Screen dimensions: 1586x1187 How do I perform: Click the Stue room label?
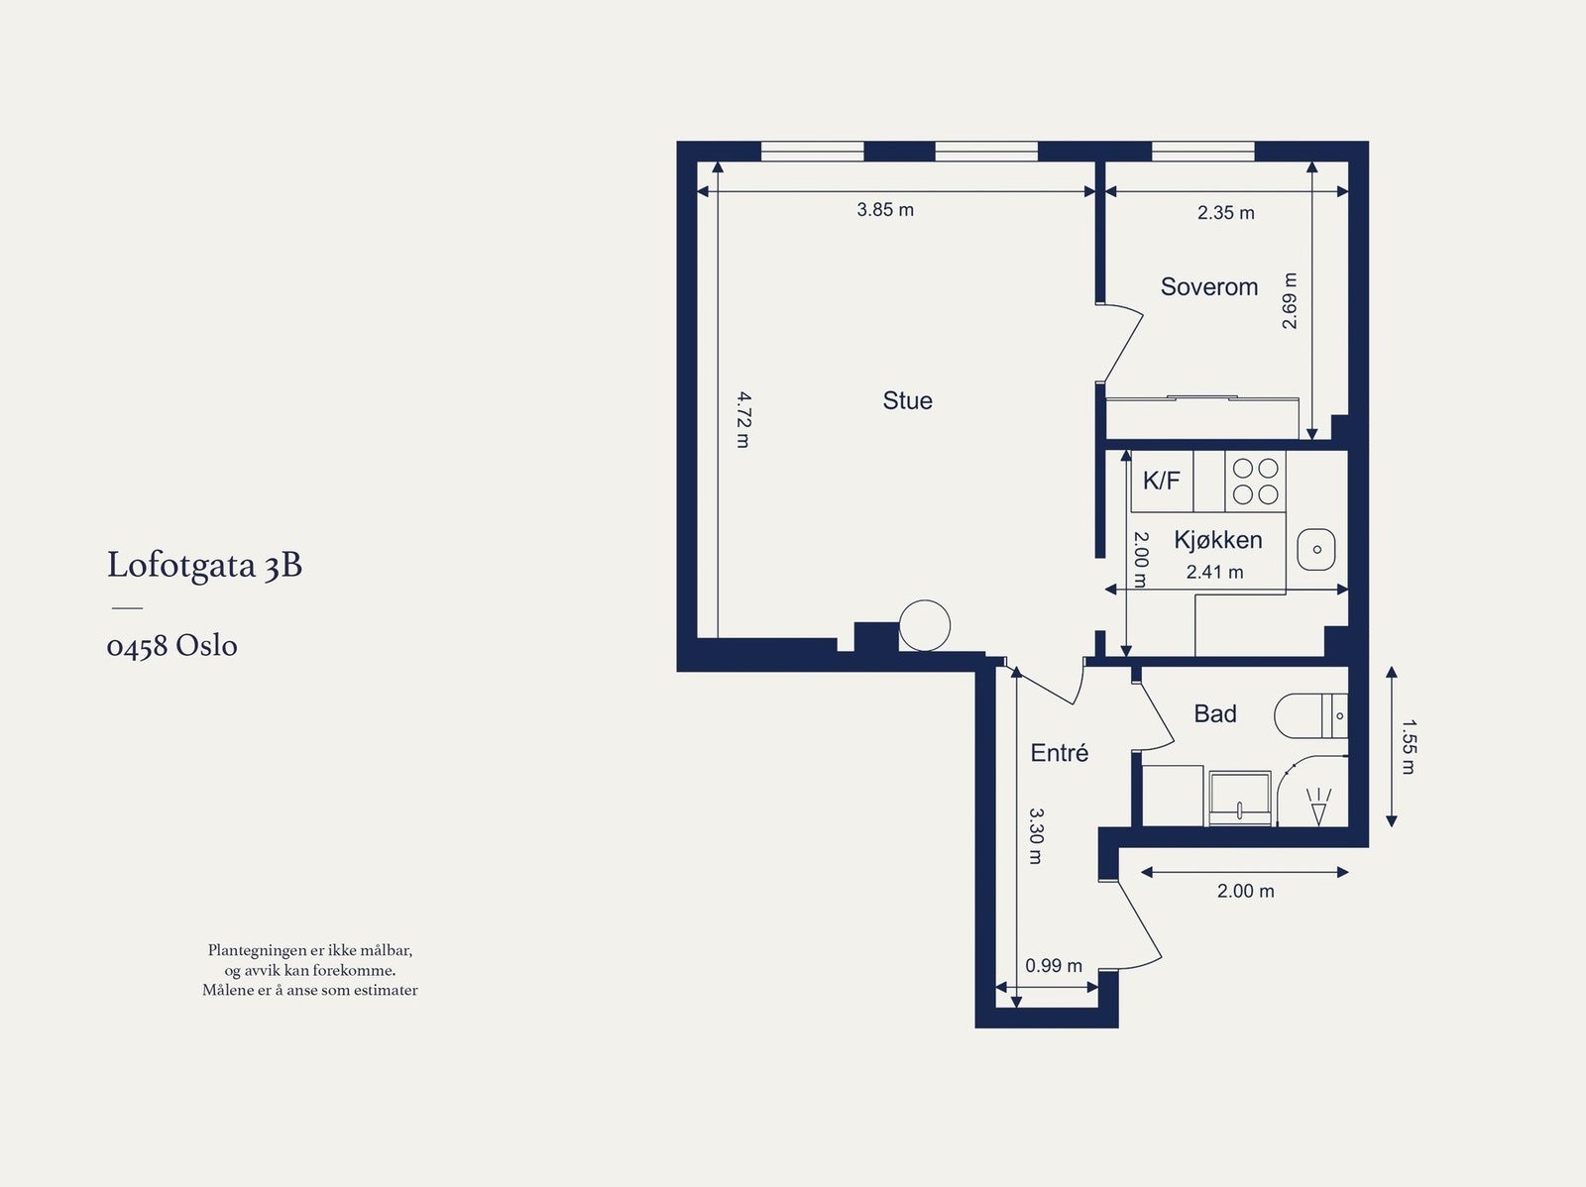click(x=908, y=400)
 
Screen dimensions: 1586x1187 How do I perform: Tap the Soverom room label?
click(x=1208, y=286)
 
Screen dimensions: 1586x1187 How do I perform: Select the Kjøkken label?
click(x=1218, y=540)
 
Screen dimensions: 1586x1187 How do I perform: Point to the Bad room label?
click(x=1215, y=713)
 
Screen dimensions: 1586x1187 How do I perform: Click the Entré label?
click(x=1060, y=752)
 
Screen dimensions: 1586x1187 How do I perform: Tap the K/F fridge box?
click(x=1162, y=481)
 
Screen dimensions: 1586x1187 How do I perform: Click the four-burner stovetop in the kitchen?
click(x=1255, y=482)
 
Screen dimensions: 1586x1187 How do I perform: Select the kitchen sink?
click(x=1316, y=550)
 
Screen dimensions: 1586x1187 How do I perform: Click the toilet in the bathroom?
click(x=1310, y=715)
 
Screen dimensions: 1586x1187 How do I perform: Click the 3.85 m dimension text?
click(x=885, y=209)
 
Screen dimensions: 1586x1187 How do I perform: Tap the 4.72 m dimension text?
click(x=743, y=419)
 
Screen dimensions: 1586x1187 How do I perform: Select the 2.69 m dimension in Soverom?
click(x=1290, y=301)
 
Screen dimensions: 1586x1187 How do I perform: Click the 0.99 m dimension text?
click(x=1054, y=965)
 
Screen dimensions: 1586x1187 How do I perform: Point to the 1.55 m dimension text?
click(x=1409, y=746)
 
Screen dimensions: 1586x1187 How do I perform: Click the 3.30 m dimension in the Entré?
click(x=1036, y=836)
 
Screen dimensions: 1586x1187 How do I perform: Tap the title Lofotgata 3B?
click(x=204, y=566)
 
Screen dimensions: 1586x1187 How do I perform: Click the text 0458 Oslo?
click(x=171, y=645)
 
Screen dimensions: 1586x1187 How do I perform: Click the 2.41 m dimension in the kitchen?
click(x=1214, y=572)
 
